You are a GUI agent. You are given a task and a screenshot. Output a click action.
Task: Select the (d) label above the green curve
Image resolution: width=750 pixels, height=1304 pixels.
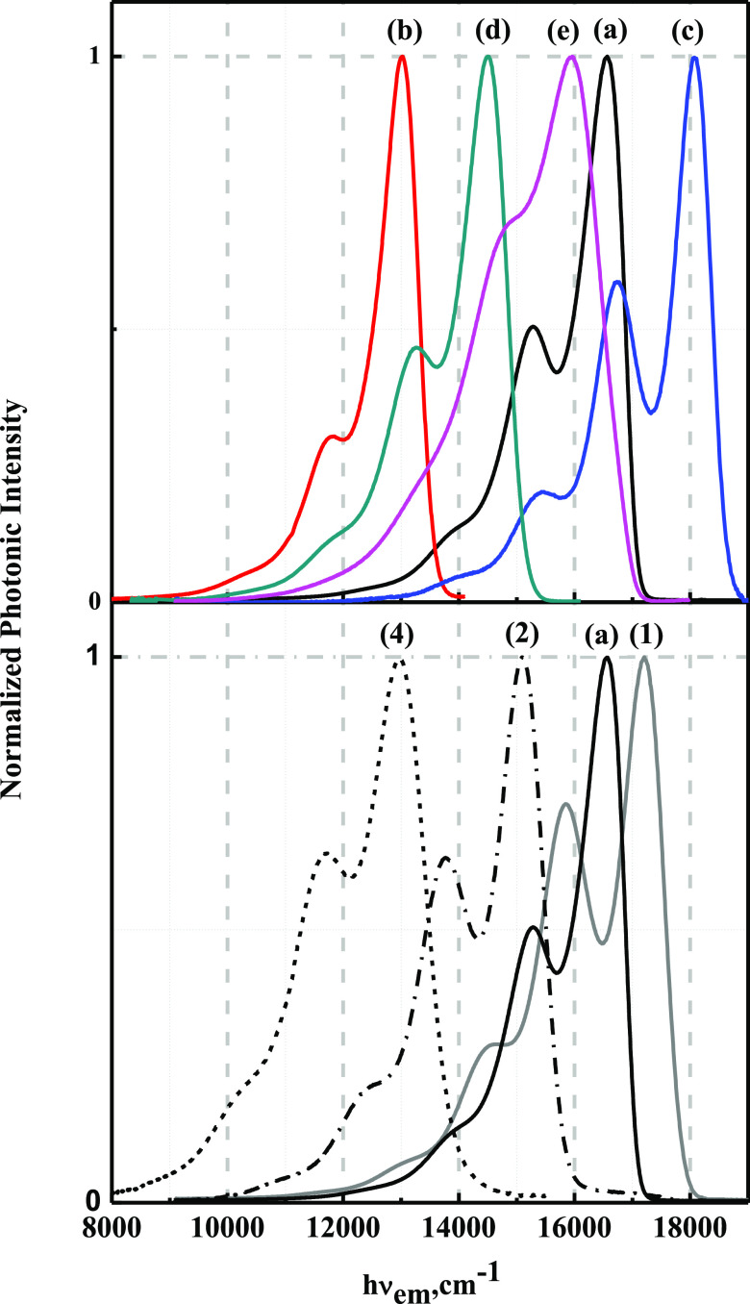493,32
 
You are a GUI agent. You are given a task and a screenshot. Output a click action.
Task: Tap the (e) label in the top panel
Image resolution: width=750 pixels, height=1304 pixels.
562,32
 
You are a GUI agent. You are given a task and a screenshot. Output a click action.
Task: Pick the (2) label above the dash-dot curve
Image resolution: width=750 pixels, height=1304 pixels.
521,634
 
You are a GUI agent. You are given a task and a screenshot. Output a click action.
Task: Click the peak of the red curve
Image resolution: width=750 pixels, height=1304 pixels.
402,57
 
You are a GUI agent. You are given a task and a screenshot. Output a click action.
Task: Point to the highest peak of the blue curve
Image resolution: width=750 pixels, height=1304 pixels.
694,57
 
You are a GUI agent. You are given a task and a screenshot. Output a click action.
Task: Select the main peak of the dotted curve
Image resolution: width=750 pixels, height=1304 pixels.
400,660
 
